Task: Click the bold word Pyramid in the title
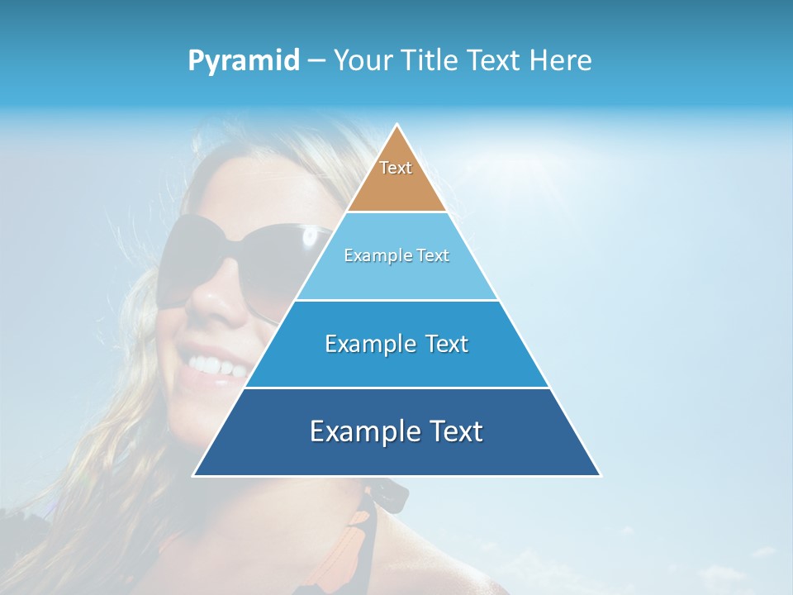coord(243,61)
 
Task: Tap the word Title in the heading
coord(429,61)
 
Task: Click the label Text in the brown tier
coord(396,168)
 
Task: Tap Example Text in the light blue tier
coord(396,255)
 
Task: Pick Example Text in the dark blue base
coord(396,431)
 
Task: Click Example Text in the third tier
coord(396,344)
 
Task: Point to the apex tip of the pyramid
coord(396,126)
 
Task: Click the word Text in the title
coord(494,61)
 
